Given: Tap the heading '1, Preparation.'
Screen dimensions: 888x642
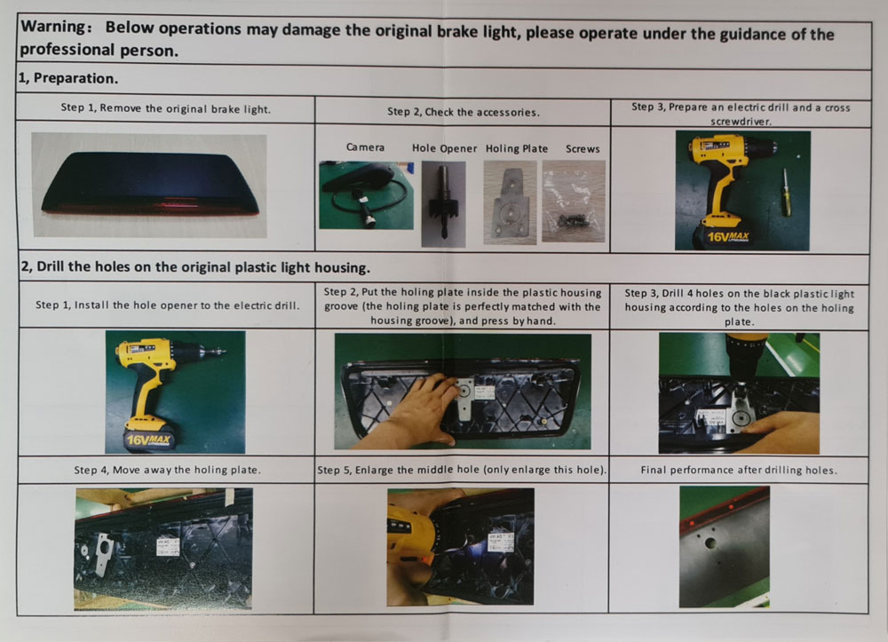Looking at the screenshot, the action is click(x=68, y=78).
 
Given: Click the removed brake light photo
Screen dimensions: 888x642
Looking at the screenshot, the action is click(x=149, y=185).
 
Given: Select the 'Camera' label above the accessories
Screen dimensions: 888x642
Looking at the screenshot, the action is click(x=365, y=147).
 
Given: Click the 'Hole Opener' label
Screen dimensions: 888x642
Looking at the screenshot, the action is click(x=445, y=148).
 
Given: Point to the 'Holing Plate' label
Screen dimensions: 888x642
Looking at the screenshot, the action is click(x=517, y=149).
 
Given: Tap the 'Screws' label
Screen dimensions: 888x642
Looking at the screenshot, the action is click(x=583, y=149).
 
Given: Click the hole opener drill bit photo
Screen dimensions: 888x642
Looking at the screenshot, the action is click(x=443, y=204).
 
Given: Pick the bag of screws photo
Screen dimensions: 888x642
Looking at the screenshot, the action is click(x=574, y=202).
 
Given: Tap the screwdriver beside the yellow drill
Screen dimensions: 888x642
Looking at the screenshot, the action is click(x=786, y=193).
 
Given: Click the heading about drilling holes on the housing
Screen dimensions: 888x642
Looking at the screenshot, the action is click(x=195, y=267).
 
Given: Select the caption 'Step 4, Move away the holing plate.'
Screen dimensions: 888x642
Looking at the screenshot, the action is click(x=168, y=470).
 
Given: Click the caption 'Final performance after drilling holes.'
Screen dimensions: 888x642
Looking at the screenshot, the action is click(x=739, y=470).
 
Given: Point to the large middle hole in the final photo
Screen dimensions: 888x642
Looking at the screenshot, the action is click(x=710, y=543).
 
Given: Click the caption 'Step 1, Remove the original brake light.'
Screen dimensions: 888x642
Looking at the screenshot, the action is click(x=166, y=108).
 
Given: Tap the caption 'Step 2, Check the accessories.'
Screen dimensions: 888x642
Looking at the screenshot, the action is click(x=464, y=112).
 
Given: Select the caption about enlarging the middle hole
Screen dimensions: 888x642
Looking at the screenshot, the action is click(x=462, y=470).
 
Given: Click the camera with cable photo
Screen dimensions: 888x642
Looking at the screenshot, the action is click(x=367, y=195).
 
